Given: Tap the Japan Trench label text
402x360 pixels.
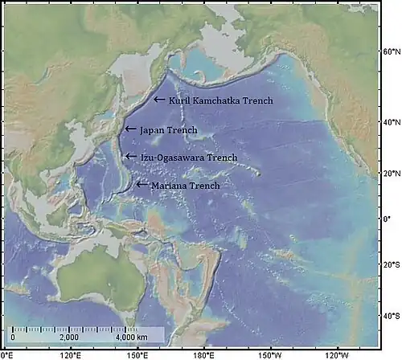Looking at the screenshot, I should tap(168, 129).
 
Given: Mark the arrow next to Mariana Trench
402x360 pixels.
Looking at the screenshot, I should tap(142, 185).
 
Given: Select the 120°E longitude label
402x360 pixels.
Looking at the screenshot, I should tap(71, 354).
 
